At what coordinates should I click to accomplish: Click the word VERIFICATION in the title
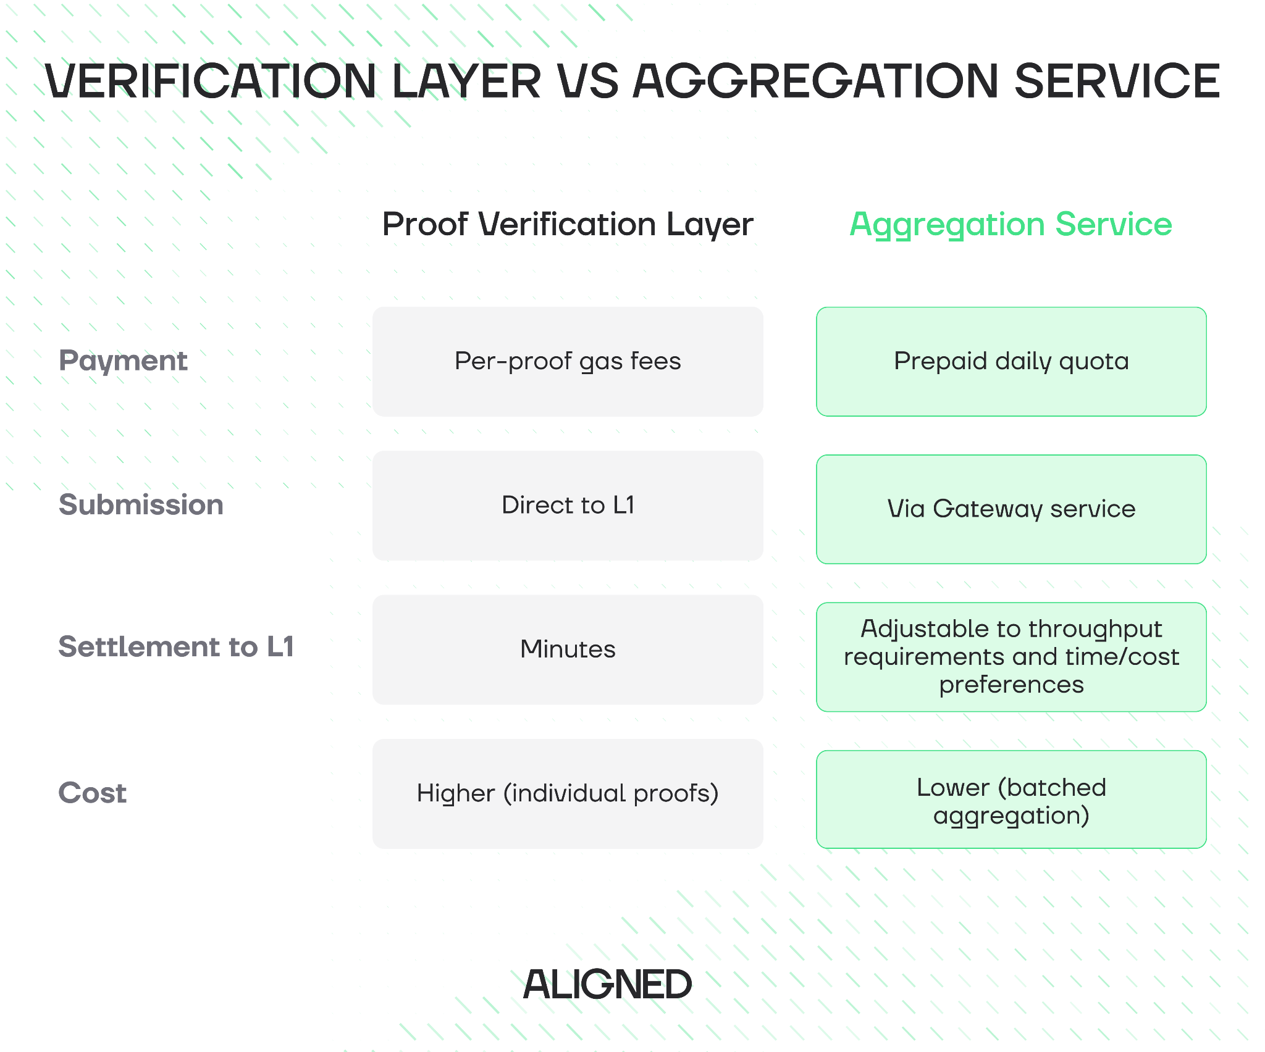[x=210, y=81]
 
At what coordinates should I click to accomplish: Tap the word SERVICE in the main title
[x=1117, y=81]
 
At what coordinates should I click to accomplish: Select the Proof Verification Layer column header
[x=568, y=224]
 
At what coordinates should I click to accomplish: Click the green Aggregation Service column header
[x=1011, y=224]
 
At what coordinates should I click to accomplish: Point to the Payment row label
[x=123, y=361]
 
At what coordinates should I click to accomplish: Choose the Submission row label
[x=141, y=505]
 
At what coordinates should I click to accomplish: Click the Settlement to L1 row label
[x=176, y=647]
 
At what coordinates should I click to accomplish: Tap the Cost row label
[x=93, y=793]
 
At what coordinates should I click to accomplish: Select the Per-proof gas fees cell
[x=568, y=362]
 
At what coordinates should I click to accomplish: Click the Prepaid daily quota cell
[x=1011, y=362]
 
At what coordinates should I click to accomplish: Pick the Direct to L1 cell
[x=568, y=506]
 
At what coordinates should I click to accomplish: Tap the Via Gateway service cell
[x=1011, y=509]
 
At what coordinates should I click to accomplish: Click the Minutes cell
[x=568, y=649]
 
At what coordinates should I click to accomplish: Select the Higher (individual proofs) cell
[x=568, y=794]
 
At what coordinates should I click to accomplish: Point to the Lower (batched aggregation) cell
[x=1011, y=800]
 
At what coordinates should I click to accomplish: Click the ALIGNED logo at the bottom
[x=607, y=984]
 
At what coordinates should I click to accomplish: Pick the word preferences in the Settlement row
[x=1011, y=685]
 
